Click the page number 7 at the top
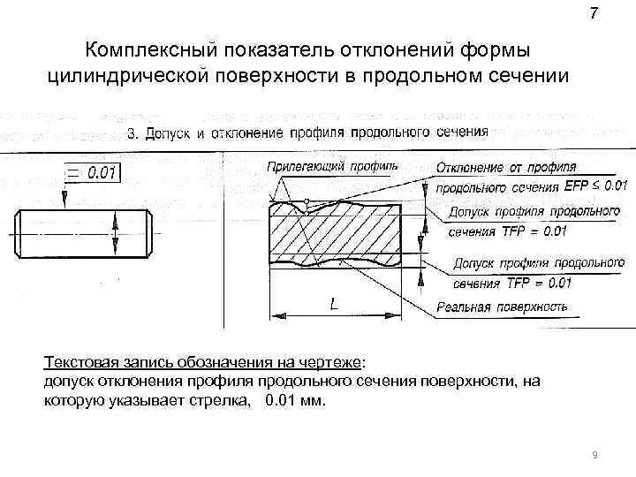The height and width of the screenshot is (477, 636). (593, 14)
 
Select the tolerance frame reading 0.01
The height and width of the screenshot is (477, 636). (91, 172)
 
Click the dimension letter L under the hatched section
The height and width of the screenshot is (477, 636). (333, 304)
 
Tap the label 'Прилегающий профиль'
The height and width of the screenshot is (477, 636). (331, 165)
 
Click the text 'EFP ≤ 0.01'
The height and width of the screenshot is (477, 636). (594, 186)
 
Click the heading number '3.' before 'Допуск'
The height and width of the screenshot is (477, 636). (134, 133)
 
